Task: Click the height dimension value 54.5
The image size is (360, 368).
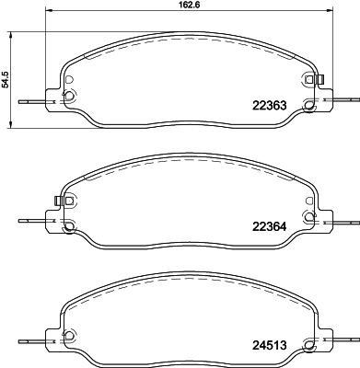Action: pyautogui.click(x=6, y=80)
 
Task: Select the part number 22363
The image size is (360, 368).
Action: pyautogui.click(x=269, y=106)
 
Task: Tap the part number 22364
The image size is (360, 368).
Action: pyautogui.click(x=269, y=226)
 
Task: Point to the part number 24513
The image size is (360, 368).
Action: pyautogui.click(x=269, y=345)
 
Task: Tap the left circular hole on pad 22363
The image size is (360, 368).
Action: pyautogui.click(x=69, y=96)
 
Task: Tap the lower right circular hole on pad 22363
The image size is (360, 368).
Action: pyautogui.click(x=308, y=105)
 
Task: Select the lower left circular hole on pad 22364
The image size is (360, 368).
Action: pyautogui.click(x=69, y=226)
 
